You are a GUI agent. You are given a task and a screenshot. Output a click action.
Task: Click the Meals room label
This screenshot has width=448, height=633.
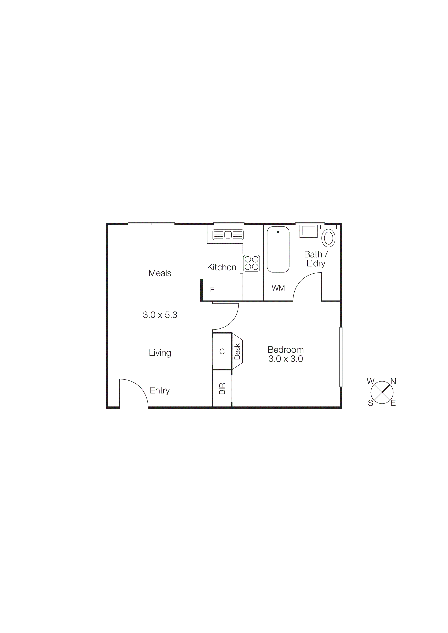(x=160, y=273)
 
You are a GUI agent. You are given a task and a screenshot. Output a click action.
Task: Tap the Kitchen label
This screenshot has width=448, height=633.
(x=221, y=267)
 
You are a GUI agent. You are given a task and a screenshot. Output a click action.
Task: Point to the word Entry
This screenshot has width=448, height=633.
(x=160, y=390)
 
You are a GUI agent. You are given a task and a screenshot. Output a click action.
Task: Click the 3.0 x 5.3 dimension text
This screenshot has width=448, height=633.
(x=160, y=315)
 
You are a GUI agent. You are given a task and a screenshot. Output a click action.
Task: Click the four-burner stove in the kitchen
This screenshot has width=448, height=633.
(x=251, y=263)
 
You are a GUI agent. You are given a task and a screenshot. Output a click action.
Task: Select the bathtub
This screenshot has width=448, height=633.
(x=278, y=250)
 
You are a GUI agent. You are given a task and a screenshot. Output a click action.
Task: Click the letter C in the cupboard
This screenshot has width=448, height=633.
(x=222, y=352)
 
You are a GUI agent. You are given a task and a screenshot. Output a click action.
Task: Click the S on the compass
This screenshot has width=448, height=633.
(x=370, y=403)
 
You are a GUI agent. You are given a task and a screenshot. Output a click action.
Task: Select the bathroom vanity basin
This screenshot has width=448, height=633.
(x=308, y=231)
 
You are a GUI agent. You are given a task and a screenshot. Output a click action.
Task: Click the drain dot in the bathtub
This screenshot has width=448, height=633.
(x=278, y=232)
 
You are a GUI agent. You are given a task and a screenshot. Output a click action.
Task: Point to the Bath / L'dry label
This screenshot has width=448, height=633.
(x=316, y=259)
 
